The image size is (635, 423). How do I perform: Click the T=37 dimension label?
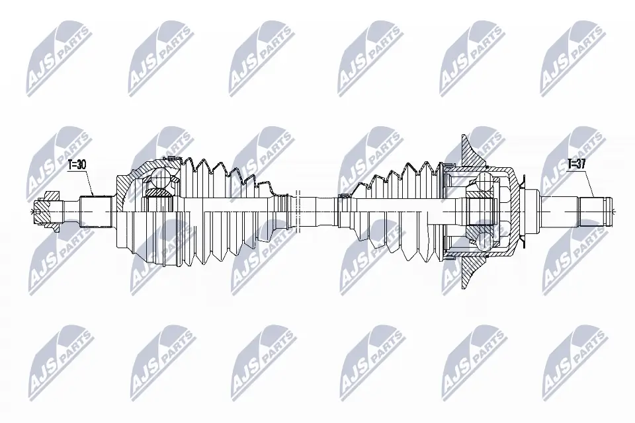coord(577,164)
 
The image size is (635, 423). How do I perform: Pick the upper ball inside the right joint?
coord(484,184)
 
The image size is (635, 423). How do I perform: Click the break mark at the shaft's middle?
coord(299,210)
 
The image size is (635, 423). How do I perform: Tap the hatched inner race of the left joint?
coord(157,192)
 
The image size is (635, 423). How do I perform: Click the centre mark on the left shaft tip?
coord(33,211)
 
